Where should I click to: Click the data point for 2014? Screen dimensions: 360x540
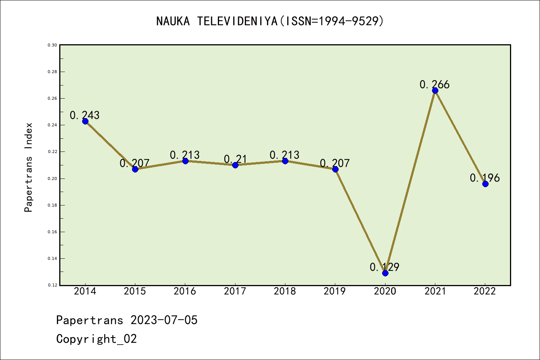click(x=85, y=121)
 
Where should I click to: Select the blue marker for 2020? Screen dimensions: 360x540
click(x=385, y=273)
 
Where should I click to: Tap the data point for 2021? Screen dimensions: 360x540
click(x=435, y=90)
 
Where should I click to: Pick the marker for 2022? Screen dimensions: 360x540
click(x=485, y=184)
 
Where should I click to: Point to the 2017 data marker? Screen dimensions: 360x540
click(x=235, y=165)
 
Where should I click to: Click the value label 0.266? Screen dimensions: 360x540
click(x=435, y=85)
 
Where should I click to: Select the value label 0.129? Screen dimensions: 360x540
click(x=384, y=267)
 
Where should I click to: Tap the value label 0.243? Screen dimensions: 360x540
click(x=85, y=115)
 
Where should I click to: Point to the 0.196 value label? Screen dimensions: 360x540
click(x=485, y=178)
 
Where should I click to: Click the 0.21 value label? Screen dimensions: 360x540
click(x=235, y=159)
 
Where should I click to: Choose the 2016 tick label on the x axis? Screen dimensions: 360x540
click(x=185, y=291)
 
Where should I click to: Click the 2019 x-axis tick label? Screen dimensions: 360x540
click(x=335, y=291)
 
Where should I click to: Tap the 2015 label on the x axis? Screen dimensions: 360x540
click(x=135, y=291)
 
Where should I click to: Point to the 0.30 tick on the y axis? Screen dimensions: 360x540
click(x=52, y=45)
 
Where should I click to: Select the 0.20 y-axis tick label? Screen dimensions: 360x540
click(x=52, y=178)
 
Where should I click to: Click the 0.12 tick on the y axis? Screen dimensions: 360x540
click(x=52, y=285)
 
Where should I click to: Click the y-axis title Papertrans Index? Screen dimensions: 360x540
click(x=28, y=167)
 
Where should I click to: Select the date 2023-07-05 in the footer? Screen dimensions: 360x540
click(x=164, y=320)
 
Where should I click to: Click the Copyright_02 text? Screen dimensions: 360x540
click(x=96, y=339)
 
